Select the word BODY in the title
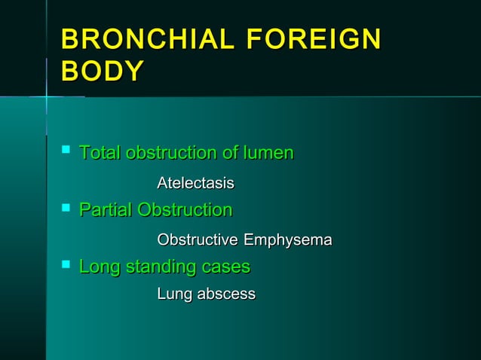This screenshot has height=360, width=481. (x=103, y=72)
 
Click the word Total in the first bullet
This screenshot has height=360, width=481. (x=100, y=153)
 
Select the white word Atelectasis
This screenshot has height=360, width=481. (x=195, y=183)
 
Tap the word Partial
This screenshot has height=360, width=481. (x=106, y=209)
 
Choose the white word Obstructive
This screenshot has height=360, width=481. (x=198, y=240)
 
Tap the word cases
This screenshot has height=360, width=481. (x=225, y=267)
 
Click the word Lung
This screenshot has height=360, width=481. (x=174, y=294)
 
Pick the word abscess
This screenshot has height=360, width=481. (x=226, y=294)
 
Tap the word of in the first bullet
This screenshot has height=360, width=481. (x=231, y=153)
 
